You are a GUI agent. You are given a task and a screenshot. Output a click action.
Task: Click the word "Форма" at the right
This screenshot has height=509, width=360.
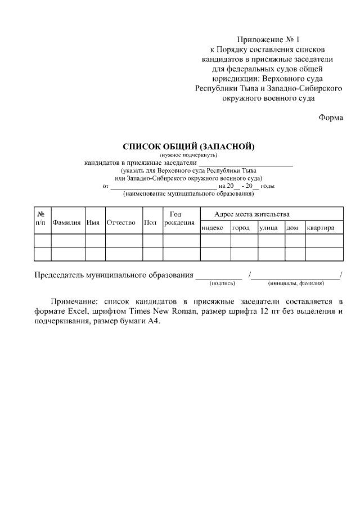tap(330, 118)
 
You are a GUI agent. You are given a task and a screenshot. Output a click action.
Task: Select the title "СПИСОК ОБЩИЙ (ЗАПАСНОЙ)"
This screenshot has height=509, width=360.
tap(189, 147)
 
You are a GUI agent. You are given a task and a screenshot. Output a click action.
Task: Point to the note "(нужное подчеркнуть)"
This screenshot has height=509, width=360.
tap(189, 155)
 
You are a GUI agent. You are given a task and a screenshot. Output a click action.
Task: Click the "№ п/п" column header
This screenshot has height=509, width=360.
tap(41, 218)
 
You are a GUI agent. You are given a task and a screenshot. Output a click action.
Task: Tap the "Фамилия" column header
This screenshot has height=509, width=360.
tap(67, 223)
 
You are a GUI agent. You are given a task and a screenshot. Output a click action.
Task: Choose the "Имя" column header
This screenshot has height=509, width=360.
tap(93, 223)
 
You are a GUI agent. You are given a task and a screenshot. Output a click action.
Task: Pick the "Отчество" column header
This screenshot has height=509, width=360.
tap(121, 223)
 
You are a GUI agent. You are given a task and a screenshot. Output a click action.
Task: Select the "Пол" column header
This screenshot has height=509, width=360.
tap(150, 223)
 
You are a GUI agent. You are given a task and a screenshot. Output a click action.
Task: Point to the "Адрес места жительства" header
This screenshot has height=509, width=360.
tap(252, 214)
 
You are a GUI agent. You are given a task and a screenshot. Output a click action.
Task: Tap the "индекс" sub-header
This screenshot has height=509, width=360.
tap(212, 228)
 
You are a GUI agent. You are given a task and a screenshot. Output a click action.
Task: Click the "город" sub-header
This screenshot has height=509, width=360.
tap(241, 228)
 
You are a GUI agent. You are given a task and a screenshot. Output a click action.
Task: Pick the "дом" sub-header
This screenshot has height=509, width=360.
tap(292, 228)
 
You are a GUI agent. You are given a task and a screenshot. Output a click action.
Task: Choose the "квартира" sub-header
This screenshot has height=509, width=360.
tap(321, 228)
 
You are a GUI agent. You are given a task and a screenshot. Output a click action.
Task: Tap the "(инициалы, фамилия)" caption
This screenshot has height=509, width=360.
tap(296, 283)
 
